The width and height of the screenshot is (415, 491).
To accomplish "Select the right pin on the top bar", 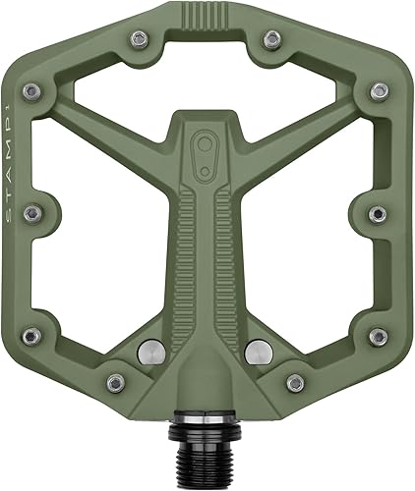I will click(272, 39).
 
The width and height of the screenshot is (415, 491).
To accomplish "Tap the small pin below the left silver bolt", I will click(116, 382).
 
